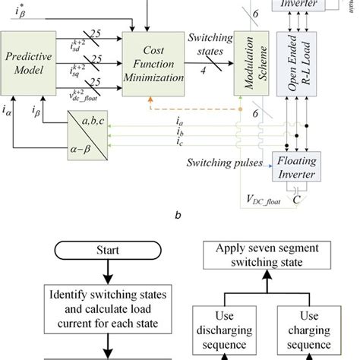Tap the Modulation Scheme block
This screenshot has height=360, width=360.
coord(248,64)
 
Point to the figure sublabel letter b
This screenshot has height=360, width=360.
coord(177,215)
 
